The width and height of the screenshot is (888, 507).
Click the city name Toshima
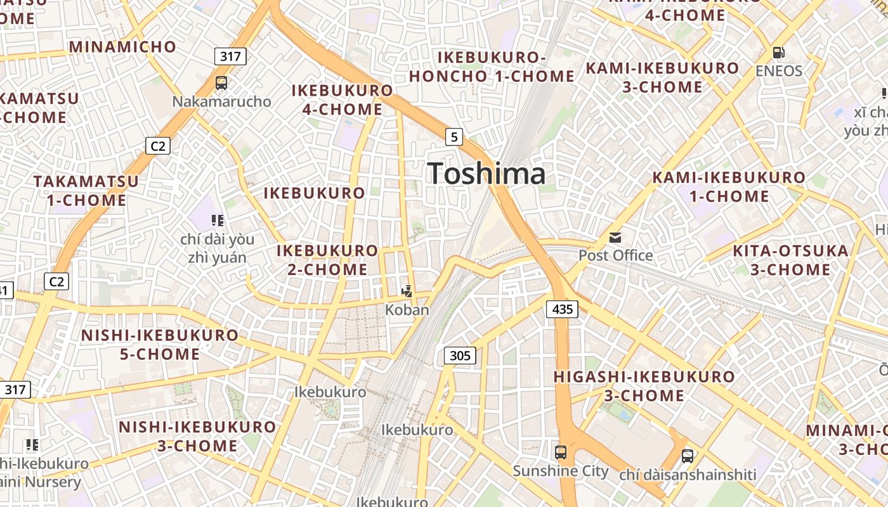486,174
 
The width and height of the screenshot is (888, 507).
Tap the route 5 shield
454,136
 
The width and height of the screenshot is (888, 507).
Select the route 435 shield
562,309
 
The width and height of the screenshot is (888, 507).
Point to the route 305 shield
460,356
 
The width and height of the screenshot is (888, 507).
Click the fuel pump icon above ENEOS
779,53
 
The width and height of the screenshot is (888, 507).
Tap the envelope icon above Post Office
615,238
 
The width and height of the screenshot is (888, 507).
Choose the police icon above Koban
407,292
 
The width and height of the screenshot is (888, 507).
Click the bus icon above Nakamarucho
221,82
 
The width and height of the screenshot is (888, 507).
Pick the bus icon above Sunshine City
561,452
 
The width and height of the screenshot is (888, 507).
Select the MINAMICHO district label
122,46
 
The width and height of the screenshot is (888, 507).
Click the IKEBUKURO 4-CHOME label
343,100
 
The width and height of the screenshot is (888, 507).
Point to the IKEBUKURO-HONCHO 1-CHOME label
492,67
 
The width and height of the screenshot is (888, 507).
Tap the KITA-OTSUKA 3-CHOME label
790,260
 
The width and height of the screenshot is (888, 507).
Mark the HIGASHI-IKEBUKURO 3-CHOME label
644,386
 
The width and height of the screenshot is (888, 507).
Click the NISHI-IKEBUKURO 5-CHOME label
160,344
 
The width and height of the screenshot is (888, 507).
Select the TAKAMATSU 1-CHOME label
86,191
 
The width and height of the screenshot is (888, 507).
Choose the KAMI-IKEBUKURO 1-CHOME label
729,186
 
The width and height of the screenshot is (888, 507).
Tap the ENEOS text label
779,70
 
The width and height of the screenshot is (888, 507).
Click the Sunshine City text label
561,471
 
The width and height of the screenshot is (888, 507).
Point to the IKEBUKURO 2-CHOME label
327,260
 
